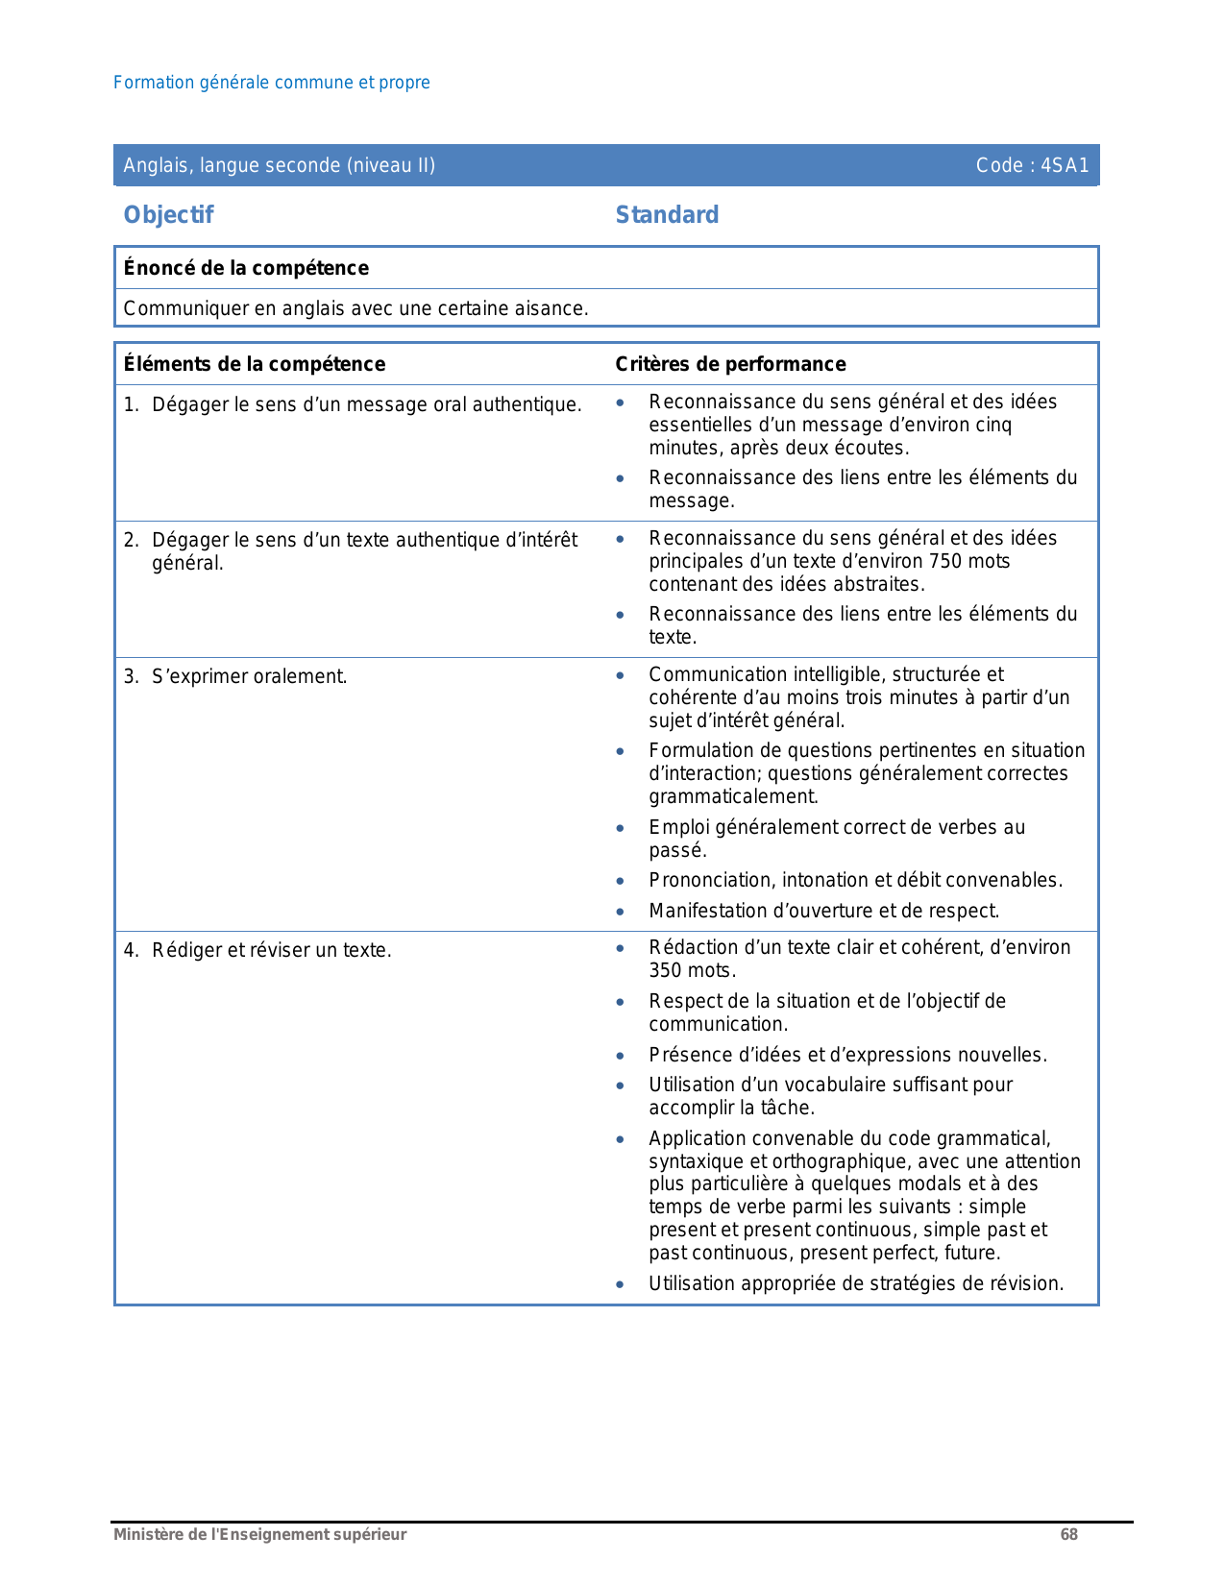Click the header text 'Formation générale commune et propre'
[x=271, y=83]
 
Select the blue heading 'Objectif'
[x=168, y=215]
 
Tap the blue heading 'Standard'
[x=667, y=215]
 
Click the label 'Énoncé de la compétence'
[x=246, y=268]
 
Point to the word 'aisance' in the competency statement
[x=555, y=309]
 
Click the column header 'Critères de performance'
[x=730, y=364]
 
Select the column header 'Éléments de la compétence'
[x=254, y=364]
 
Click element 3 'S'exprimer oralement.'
[x=249, y=676]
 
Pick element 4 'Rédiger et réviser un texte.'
[x=271, y=950]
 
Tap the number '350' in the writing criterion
[x=666, y=970]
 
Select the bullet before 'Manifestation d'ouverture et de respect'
[x=621, y=911]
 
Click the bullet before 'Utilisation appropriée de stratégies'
[x=621, y=1283]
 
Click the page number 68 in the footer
[x=1068, y=1534]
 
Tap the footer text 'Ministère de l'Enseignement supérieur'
[x=259, y=1534]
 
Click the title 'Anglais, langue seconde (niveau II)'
[x=279, y=165]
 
